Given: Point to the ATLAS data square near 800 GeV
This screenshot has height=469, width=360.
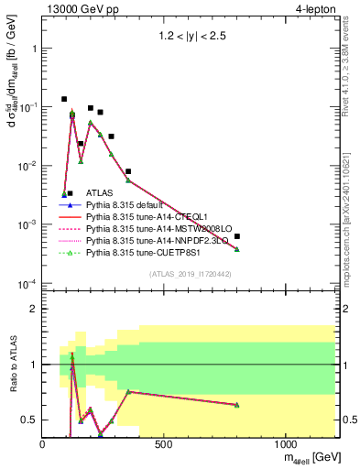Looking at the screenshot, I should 237,236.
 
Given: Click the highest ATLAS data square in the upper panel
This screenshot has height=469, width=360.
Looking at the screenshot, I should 64,99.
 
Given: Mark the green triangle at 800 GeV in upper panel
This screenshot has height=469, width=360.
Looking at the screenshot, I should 237,249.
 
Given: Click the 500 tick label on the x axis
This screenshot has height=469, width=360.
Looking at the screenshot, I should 164,444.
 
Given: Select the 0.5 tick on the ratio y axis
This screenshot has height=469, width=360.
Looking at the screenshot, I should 32,420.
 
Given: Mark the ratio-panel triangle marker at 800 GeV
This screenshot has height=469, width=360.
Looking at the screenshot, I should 237,404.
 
